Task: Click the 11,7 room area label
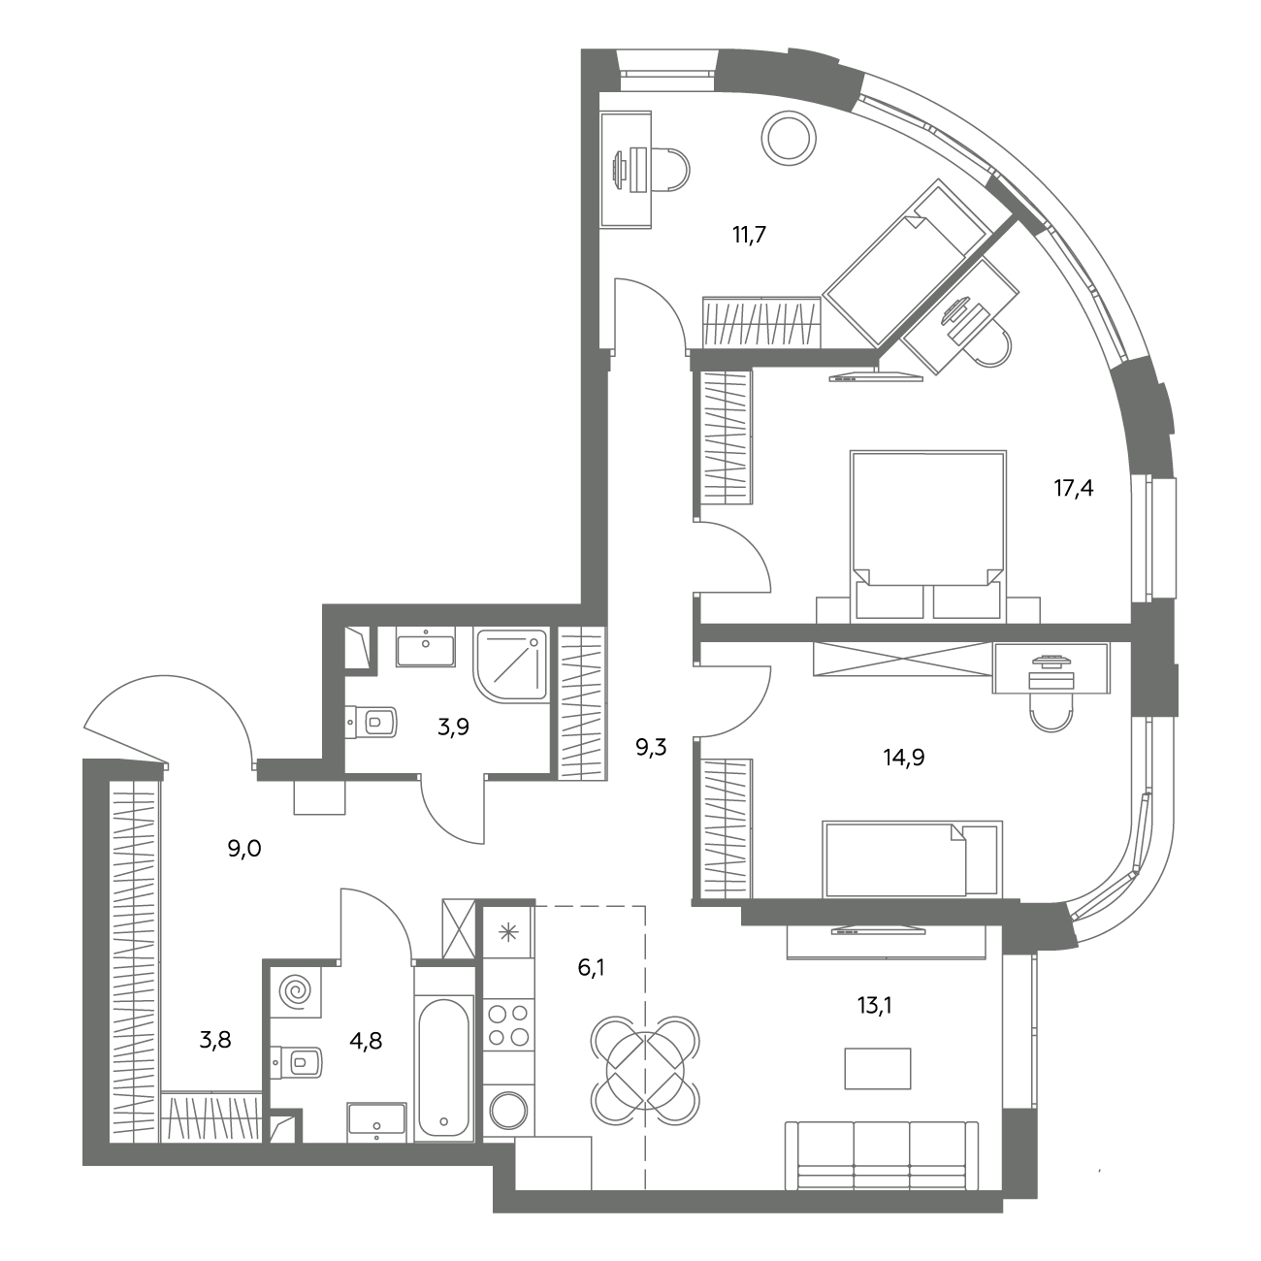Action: click(x=749, y=235)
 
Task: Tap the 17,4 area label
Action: click(x=1073, y=488)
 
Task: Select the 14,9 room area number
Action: click(x=904, y=758)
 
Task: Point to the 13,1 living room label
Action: click(x=875, y=1006)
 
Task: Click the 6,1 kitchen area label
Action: click(x=591, y=967)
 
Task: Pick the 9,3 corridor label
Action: click(x=651, y=747)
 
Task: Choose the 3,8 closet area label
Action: click(x=215, y=1039)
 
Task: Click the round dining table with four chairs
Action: click(x=645, y=1071)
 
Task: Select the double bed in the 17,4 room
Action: click(x=928, y=534)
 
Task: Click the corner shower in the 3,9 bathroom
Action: click(x=512, y=665)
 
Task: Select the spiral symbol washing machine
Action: click(x=297, y=992)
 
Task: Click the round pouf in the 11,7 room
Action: click(x=790, y=138)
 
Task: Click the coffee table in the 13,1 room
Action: click(x=878, y=1069)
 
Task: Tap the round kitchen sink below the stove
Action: click(x=508, y=1109)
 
